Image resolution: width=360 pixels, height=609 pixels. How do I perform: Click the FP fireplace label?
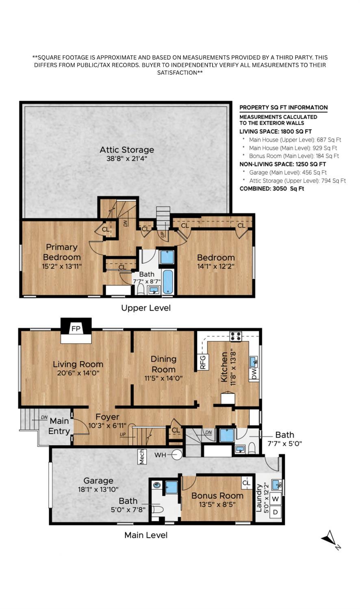coord(76,329)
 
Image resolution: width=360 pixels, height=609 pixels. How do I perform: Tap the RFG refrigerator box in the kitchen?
coord(203,362)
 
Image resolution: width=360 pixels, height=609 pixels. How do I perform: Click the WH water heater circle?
coord(177,455)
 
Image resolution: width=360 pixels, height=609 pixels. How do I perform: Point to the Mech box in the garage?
coord(142,457)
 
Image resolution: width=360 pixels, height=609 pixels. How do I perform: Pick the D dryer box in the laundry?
coord(275,512)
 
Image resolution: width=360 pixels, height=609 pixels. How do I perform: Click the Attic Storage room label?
coord(127,150)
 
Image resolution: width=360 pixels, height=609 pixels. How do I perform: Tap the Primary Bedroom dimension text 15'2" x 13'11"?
coord(62,266)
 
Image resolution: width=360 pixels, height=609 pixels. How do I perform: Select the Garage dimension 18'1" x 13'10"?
coord(98,490)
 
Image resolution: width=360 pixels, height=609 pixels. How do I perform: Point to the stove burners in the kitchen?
coord(236,336)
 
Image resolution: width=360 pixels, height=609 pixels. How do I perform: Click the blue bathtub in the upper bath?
coord(168,282)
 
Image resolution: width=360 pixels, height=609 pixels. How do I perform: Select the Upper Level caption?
coord(146,308)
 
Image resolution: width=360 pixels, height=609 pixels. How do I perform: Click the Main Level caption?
coord(146,535)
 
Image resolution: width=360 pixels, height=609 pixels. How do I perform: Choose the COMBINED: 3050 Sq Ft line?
coord(272,189)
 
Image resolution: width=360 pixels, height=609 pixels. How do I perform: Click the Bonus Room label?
coord(217,495)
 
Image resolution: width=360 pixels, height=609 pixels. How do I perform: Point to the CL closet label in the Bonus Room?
coord(246,483)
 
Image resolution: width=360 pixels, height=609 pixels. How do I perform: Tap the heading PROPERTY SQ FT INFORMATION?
coord(283,107)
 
